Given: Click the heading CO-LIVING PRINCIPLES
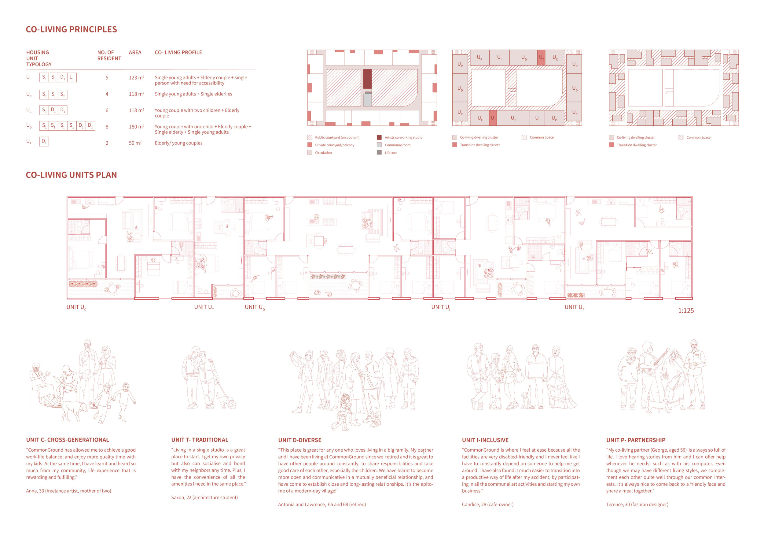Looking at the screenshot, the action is point(71,29).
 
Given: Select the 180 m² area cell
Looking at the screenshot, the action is point(136,127).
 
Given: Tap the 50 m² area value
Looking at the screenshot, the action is point(135,143).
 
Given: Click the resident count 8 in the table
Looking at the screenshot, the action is point(107,127).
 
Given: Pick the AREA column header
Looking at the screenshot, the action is point(135,52).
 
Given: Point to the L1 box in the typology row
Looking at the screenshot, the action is point(72,78).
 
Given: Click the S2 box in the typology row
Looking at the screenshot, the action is point(63,95).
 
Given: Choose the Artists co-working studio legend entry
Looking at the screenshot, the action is point(399,137).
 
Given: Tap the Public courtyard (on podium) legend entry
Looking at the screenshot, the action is point(333,137).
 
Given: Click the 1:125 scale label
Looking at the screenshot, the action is point(686,311).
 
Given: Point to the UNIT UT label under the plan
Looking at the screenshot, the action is point(204,307).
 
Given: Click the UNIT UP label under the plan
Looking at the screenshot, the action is point(574,307).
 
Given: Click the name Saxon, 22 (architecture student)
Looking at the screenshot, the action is point(205,497).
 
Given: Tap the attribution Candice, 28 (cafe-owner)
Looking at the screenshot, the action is point(487,504).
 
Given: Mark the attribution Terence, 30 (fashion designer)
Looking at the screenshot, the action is point(637,504).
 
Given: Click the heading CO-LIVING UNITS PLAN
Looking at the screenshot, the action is point(71,175).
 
